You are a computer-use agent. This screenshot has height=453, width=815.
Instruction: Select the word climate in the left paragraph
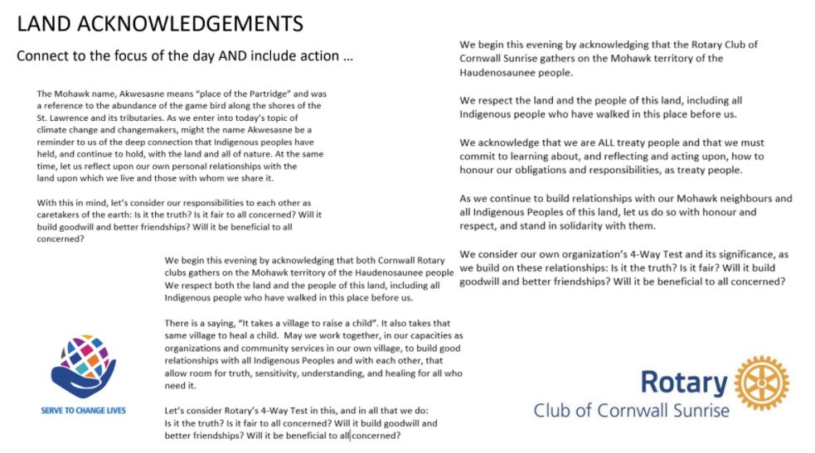55,130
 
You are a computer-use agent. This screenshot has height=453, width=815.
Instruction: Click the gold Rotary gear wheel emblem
761,383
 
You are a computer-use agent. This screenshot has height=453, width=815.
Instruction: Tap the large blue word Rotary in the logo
683,383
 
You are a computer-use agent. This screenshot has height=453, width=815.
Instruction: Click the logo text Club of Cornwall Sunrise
631,411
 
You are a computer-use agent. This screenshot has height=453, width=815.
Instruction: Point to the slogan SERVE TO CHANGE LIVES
83,410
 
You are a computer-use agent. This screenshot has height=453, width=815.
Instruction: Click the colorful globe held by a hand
83,362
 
